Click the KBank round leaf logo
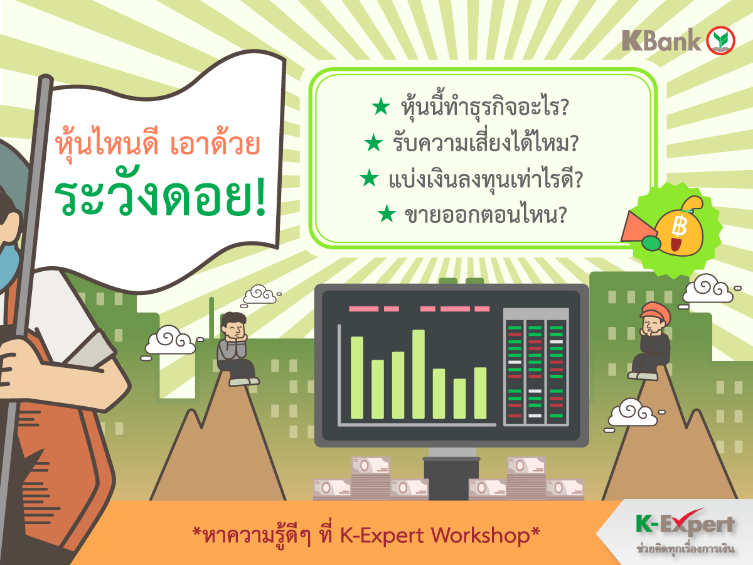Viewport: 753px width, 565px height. pos(720,40)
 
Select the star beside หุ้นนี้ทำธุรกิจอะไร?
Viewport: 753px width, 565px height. pos(381,106)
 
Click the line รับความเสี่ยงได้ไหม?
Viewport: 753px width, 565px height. pos(486,143)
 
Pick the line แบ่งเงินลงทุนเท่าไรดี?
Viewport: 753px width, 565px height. pos(486,180)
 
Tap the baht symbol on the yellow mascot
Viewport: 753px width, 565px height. pos(679,226)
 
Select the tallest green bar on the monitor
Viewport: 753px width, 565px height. pos(418,374)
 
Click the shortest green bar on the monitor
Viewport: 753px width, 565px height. pos(459,399)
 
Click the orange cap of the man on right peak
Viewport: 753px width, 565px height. pos(656,311)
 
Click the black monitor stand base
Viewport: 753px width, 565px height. pos(451,478)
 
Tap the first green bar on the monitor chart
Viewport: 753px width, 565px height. pos(357,377)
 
